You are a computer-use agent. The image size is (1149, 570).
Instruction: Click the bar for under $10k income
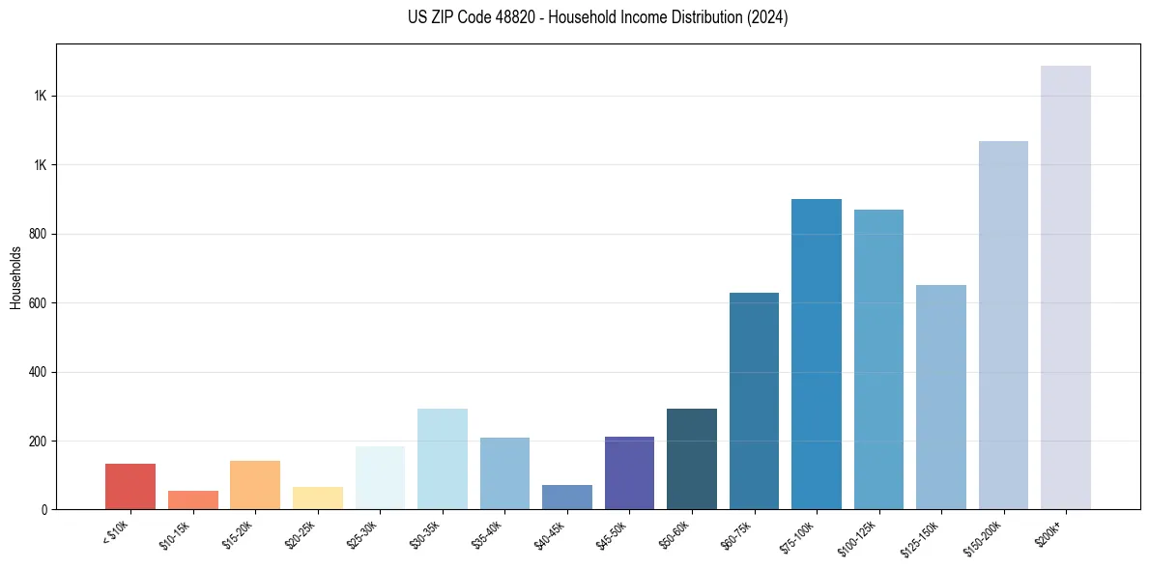click(x=130, y=486)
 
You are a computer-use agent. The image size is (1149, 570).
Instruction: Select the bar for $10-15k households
click(x=193, y=499)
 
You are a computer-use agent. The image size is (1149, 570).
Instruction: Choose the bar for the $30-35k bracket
click(x=443, y=459)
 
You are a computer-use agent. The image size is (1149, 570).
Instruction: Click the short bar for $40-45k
click(x=567, y=497)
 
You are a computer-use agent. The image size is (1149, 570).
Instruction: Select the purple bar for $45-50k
click(x=629, y=472)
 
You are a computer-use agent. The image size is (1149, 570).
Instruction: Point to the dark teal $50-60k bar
click(x=692, y=459)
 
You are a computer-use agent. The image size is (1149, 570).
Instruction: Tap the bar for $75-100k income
click(x=817, y=354)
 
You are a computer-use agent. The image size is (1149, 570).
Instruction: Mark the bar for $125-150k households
click(x=941, y=397)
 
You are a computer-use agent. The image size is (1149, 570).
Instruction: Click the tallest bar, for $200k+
click(x=1066, y=287)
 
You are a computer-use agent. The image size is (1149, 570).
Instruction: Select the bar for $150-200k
click(x=1003, y=325)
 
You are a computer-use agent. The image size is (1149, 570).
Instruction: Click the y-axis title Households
click(x=16, y=277)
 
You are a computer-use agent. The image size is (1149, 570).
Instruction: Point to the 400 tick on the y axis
click(x=41, y=372)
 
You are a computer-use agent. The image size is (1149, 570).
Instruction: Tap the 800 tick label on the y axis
click(x=41, y=234)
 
